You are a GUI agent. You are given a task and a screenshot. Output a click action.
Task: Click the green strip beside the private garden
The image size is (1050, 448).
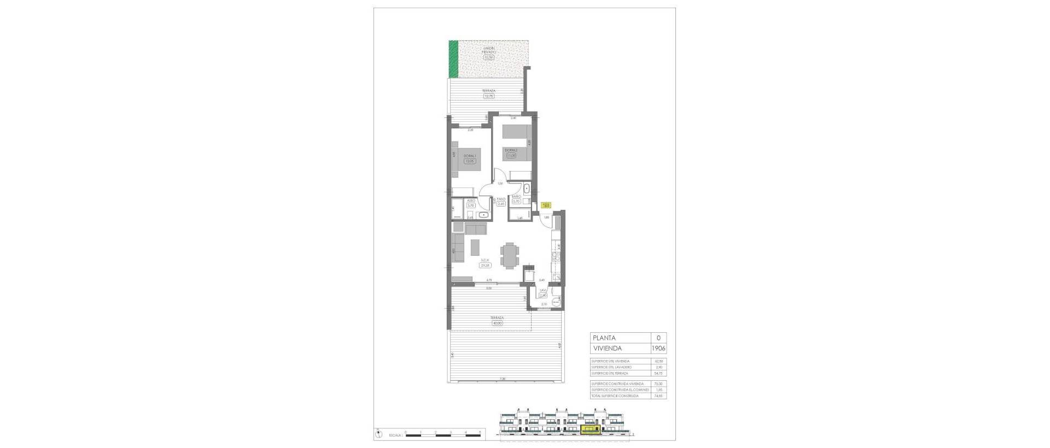[453, 59]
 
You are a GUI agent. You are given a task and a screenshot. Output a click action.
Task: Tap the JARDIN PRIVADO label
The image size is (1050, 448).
[489, 50]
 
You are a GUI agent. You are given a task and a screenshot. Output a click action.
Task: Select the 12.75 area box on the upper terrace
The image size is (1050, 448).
[489, 96]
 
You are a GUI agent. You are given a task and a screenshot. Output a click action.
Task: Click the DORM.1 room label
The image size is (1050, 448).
[470, 156]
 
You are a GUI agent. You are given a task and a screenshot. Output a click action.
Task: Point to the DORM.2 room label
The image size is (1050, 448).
[511, 150]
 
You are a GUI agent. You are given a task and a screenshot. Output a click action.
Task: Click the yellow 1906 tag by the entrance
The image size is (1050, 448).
[546, 205]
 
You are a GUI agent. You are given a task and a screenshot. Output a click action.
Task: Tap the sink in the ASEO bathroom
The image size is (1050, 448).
[101, 215]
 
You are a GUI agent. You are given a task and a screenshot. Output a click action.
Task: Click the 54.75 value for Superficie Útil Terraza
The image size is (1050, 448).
[658, 374]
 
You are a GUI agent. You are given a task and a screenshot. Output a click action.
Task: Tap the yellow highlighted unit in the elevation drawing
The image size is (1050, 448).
[590, 430]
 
